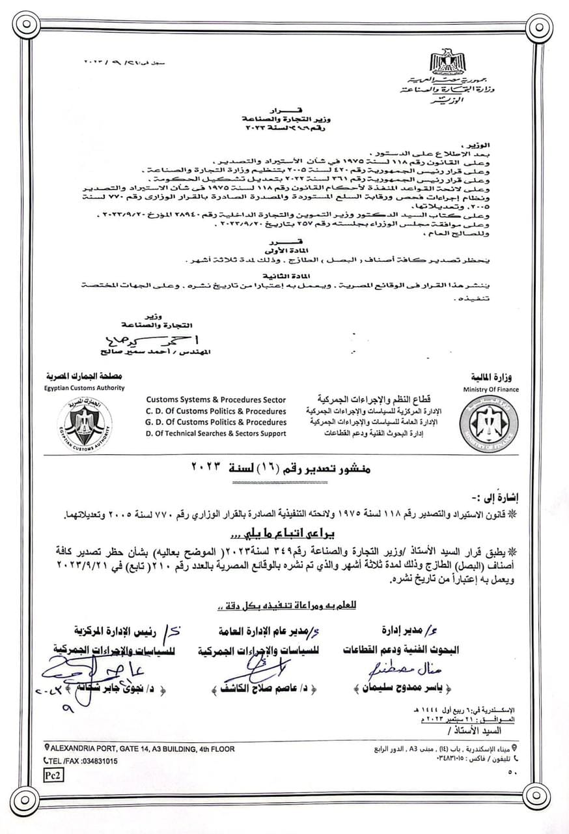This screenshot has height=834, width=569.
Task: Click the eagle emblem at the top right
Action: (447, 61)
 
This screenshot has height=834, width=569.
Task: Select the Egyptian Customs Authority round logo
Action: (84, 424)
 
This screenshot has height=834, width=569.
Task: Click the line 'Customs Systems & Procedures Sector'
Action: (215, 399)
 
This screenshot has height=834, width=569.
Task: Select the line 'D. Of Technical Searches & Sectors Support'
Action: (215, 433)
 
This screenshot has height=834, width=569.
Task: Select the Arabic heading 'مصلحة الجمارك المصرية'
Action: (84, 377)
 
